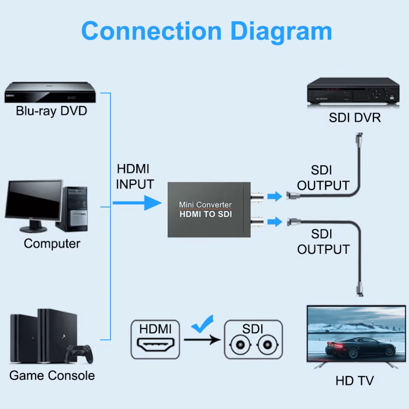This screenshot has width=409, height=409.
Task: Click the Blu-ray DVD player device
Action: pos(50,93)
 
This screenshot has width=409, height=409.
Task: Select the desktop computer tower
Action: pos(72,209)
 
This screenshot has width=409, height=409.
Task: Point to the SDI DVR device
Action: pos(353,91)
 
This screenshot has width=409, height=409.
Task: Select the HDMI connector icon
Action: pos(155,345)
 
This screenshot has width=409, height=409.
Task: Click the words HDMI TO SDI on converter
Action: pos(206,214)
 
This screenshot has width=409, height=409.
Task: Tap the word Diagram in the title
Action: pos(281,31)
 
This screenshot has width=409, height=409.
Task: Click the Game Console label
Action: pos(52,376)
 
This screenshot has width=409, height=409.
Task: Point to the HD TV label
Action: pos(354,381)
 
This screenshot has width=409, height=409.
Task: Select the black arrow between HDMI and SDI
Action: pos(202,340)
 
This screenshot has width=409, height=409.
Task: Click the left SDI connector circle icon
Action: pos(239,345)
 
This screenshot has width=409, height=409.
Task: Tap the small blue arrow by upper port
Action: pos(275,196)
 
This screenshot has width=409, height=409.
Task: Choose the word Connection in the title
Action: pos(151,31)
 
